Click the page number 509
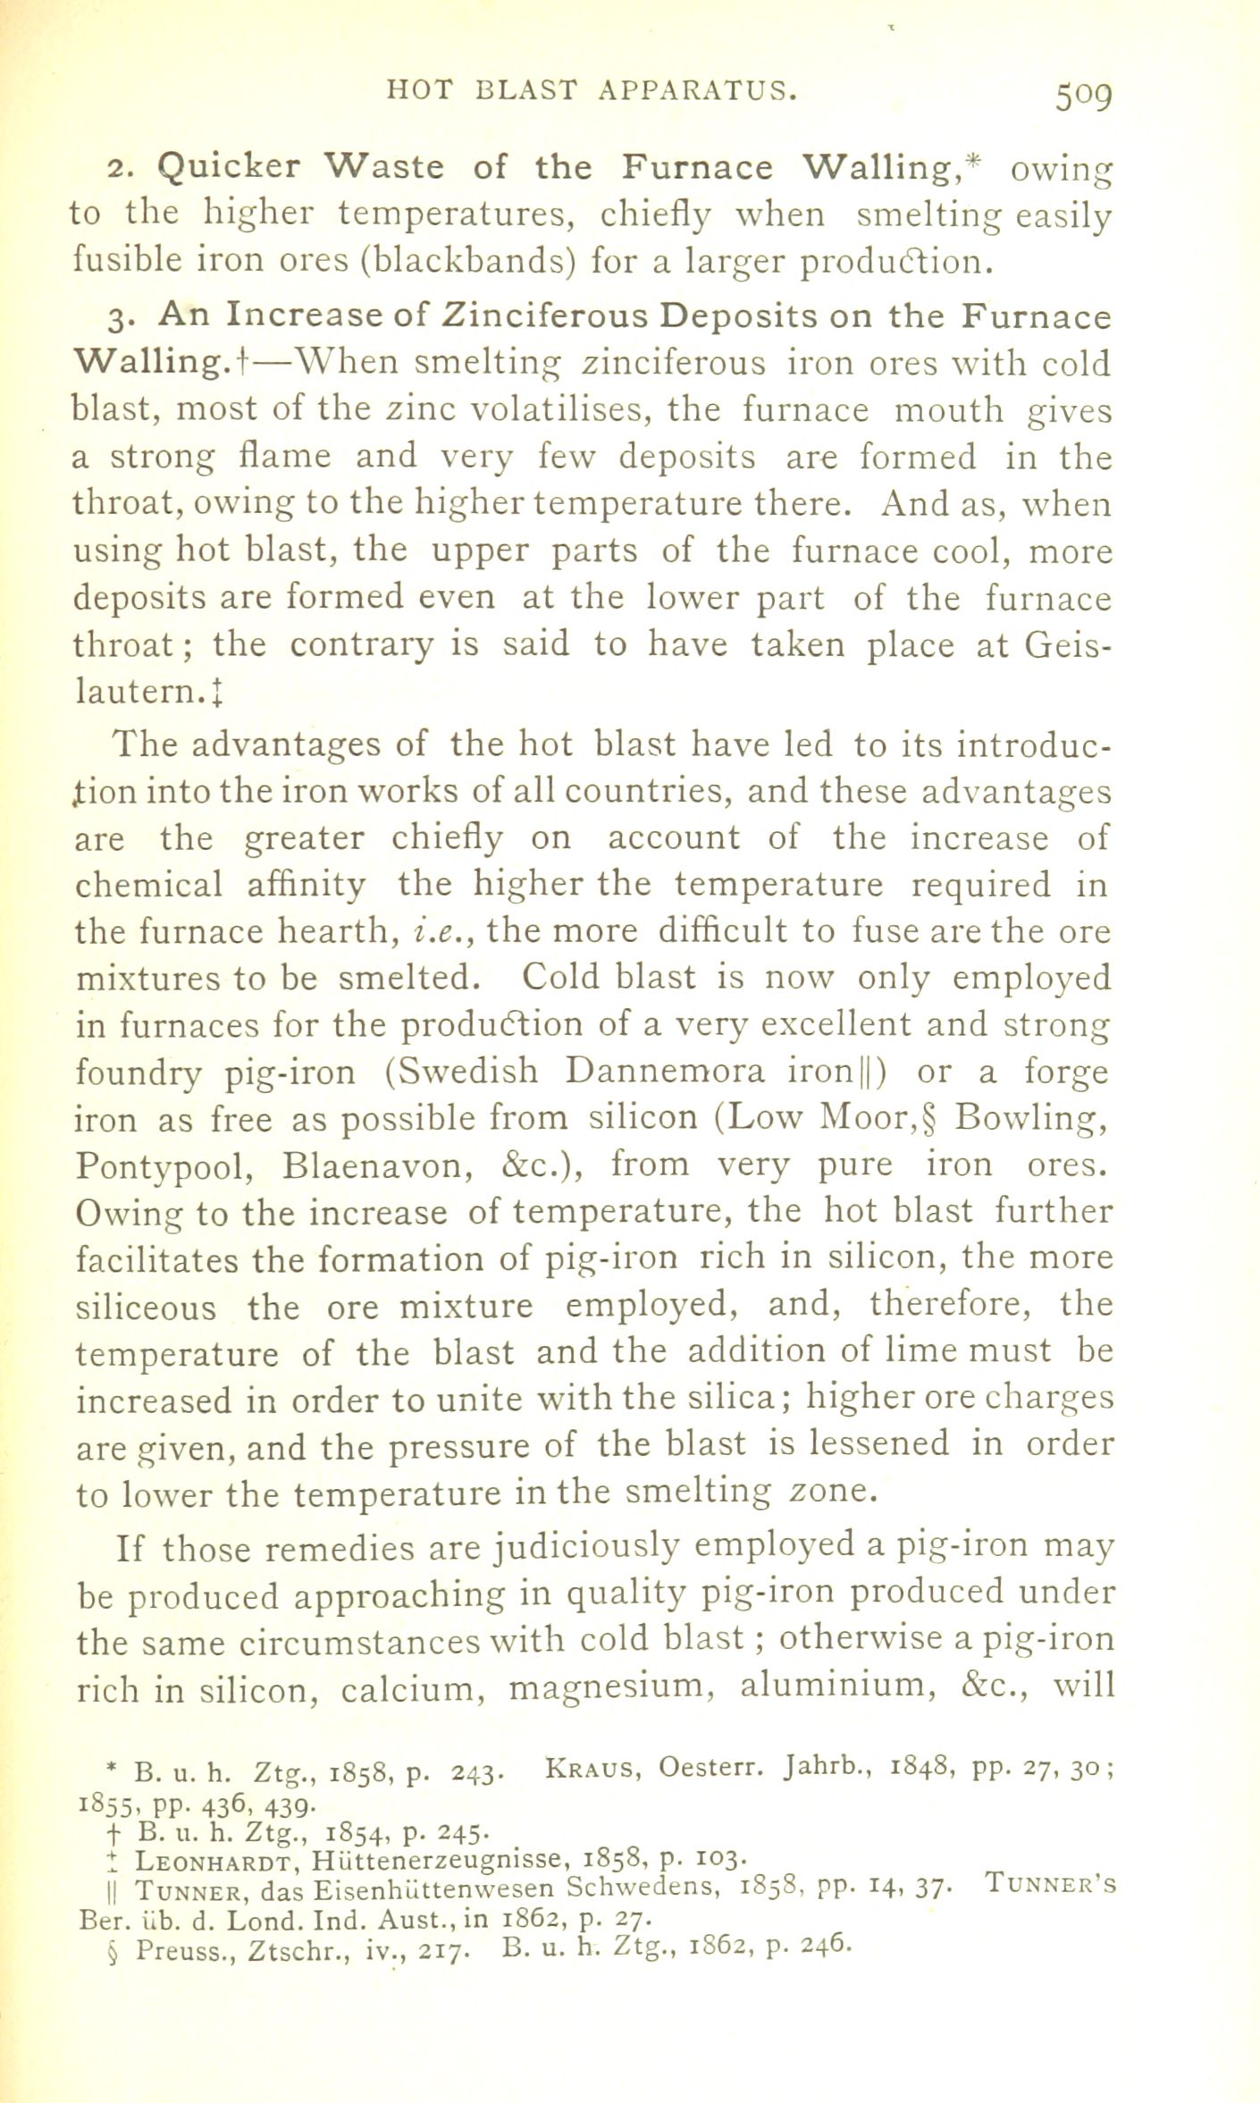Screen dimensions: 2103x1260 (x=1082, y=93)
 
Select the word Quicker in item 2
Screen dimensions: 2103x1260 (x=229, y=167)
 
